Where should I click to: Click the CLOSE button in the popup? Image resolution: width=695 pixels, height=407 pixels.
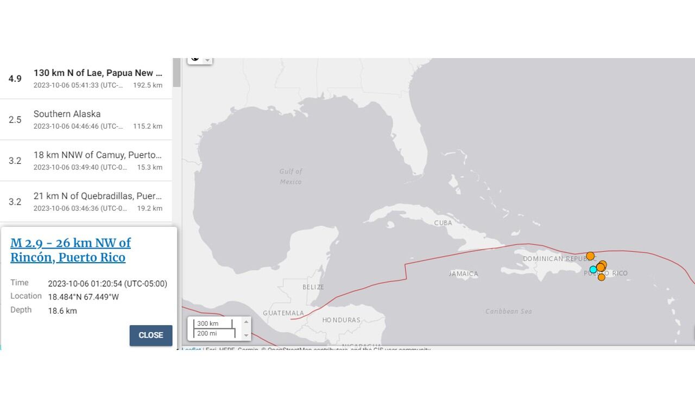coord(150,335)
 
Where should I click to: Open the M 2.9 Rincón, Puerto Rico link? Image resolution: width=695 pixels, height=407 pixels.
coord(71,250)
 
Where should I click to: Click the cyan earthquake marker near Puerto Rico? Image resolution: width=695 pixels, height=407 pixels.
coord(593,269)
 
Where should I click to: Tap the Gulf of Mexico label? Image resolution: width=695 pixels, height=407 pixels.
coord(291,176)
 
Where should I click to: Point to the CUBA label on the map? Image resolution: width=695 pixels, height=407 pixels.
coord(443,223)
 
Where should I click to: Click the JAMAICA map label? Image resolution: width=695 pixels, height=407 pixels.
coord(463,274)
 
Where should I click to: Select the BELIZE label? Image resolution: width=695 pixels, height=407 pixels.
coord(313,287)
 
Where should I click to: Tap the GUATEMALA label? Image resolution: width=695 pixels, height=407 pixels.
coord(283,313)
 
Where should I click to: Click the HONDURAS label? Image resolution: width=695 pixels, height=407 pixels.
coord(341,320)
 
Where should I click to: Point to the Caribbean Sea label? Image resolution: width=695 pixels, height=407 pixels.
coord(509,311)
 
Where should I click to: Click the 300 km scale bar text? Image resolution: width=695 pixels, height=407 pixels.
coord(208,324)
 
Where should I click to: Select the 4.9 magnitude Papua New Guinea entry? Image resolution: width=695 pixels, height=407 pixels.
coord(86,79)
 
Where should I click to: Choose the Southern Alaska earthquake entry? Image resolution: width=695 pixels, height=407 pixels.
coord(86,119)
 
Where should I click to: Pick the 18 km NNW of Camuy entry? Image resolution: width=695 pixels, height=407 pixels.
coord(86,161)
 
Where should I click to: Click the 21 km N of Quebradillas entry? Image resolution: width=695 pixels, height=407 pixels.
coord(86,201)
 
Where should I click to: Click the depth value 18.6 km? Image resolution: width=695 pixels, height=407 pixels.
coord(62,311)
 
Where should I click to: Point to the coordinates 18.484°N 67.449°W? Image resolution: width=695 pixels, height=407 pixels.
coord(84,297)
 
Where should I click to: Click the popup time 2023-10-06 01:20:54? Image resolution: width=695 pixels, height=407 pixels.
coord(108,283)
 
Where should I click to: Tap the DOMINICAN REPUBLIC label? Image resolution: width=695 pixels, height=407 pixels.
coord(554,259)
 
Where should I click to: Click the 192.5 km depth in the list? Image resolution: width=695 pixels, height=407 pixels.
coord(148,85)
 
